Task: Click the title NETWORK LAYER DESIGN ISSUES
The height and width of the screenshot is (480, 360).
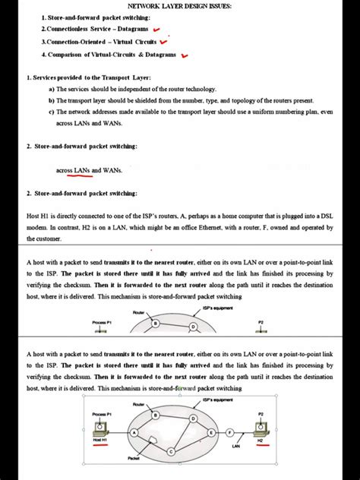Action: click(x=180, y=6)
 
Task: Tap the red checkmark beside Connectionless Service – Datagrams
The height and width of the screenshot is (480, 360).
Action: click(x=156, y=29)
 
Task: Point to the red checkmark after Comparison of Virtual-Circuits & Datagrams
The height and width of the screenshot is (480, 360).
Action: click(x=185, y=55)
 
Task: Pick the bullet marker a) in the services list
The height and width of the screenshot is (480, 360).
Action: click(x=51, y=89)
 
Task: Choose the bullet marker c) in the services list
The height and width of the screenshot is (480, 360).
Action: click(x=51, y=112)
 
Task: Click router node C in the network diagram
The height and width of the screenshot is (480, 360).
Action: click(x=172, y=451)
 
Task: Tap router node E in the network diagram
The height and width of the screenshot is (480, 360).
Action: click(x=210, y=431)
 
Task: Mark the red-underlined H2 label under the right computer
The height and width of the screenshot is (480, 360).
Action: click(x=260, y=440)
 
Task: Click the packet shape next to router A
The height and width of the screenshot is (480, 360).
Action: click(x=153, y=441)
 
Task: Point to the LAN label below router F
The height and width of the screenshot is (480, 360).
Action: click(x=235, y=446)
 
